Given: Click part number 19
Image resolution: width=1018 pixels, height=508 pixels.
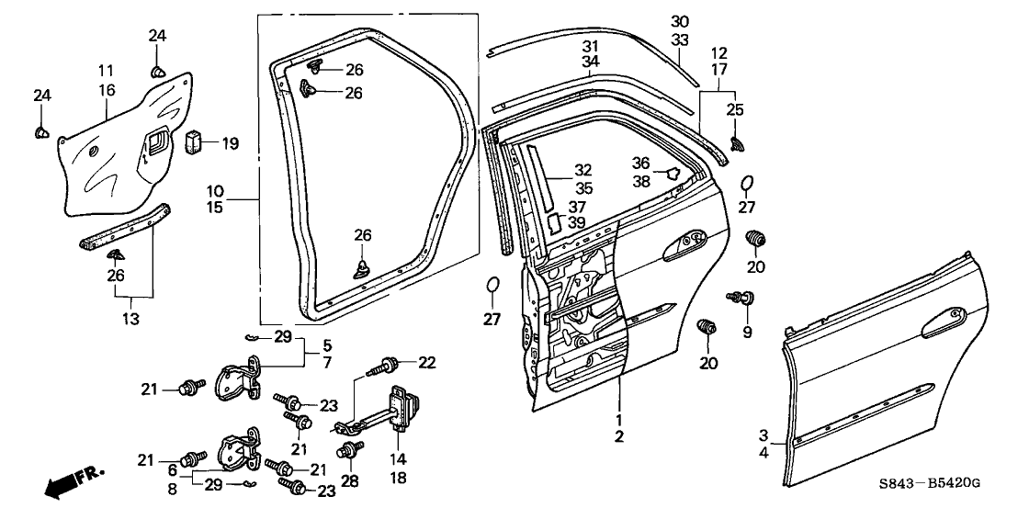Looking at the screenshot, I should pos(229,143).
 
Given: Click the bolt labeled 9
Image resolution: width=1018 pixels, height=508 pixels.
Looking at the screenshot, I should pos(739,298).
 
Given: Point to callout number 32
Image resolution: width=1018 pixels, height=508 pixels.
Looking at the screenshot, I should pos(583,170).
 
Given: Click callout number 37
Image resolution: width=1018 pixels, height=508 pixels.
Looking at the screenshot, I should pos(577,207).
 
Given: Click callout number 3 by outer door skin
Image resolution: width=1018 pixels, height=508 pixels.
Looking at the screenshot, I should pos(763,435).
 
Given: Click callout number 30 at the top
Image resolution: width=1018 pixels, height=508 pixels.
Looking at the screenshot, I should pos(679,21).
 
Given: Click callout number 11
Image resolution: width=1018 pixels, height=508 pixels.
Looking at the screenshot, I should pos(107,69).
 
